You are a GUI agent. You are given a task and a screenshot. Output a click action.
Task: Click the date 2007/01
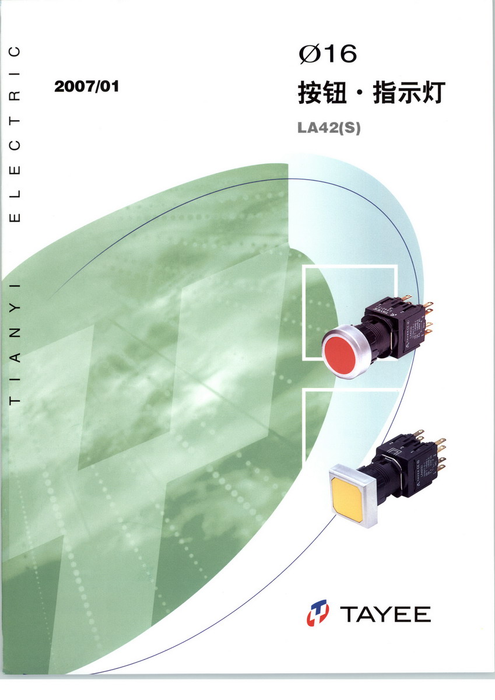coord(87,86)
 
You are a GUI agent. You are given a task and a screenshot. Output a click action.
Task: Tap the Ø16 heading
coord(328,54)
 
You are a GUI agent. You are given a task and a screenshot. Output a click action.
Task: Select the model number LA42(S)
coord(329,128)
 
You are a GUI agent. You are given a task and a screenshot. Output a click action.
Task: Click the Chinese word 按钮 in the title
coord(322,93)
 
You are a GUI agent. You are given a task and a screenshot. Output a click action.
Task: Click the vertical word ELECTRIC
coord(15,134)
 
